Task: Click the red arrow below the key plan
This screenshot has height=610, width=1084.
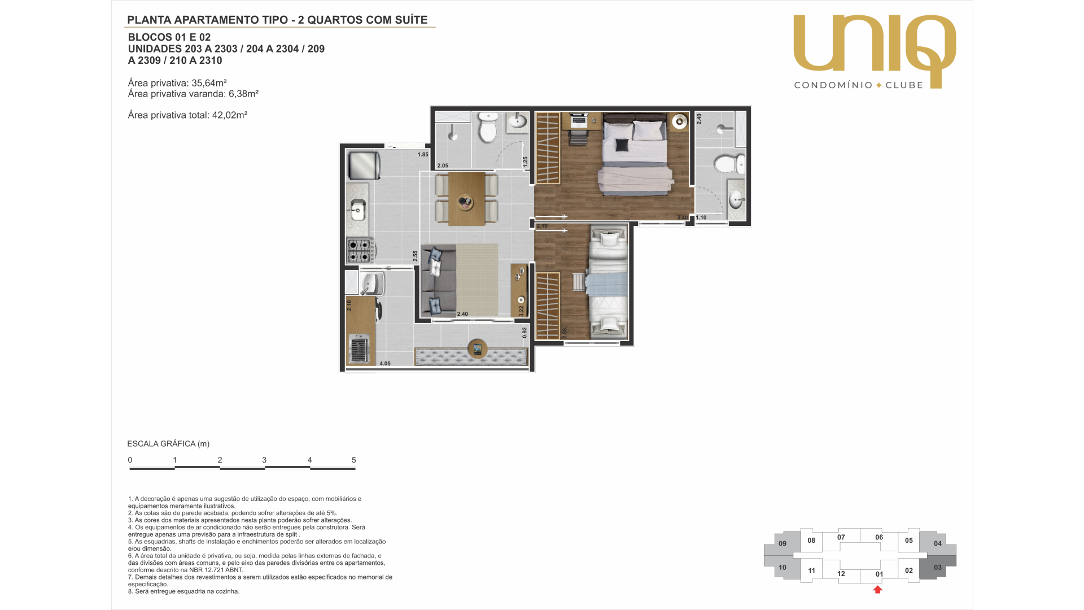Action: click(877, 590)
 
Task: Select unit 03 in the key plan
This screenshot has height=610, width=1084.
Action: click(938, 568)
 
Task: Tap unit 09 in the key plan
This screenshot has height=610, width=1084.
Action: click(783, 543)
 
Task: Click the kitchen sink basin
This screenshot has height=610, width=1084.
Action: click(357, 211)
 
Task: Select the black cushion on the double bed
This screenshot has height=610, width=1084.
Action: click(622, 145)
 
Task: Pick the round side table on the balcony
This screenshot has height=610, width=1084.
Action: click(477, 350)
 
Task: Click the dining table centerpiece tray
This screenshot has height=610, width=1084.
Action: click(466, 202)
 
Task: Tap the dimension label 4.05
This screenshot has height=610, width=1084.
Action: click(385, 364)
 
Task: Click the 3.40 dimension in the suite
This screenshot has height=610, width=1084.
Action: click(683, 217)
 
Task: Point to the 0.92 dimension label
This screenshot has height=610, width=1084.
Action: click(524, 333)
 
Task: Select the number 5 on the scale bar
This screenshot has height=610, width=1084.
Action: click(354, 460)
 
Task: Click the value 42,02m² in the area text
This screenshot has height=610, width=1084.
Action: click(230, 115)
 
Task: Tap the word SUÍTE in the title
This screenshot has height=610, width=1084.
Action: click(410, 20)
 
